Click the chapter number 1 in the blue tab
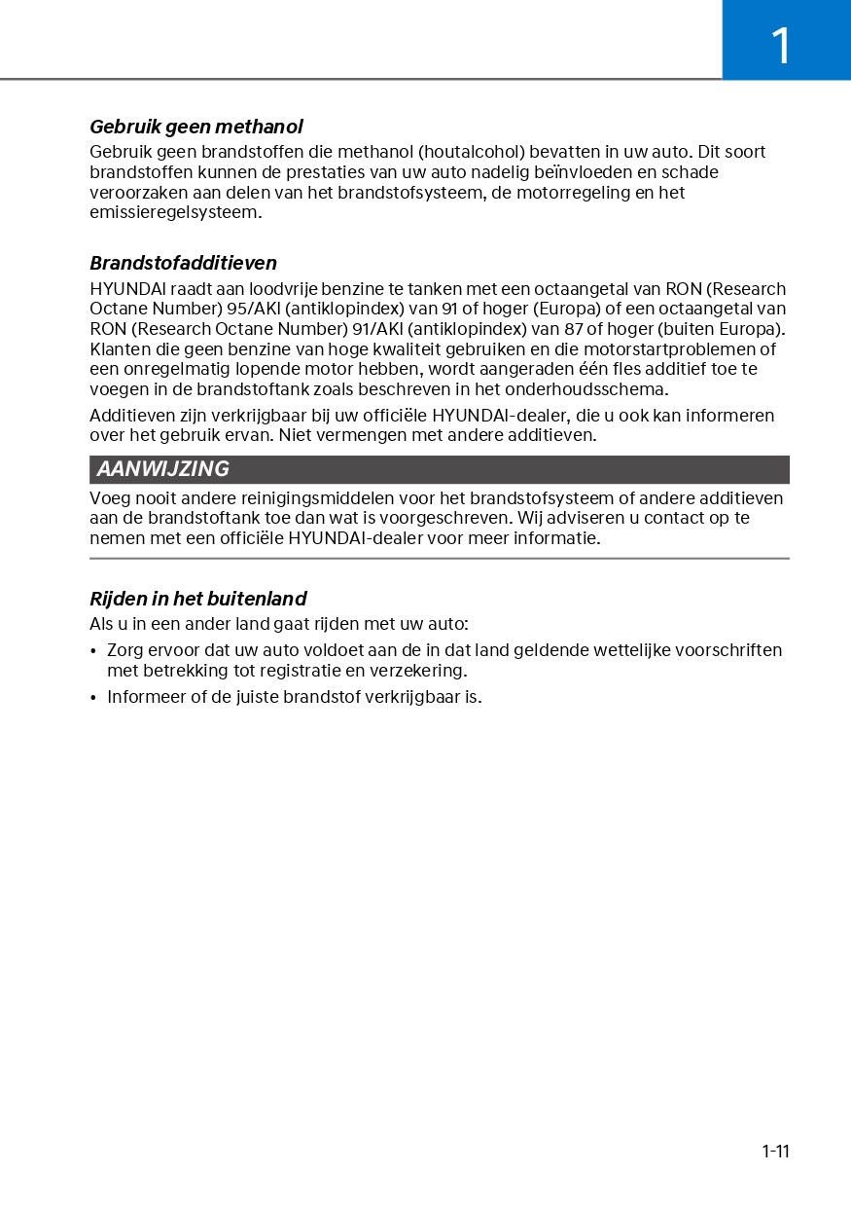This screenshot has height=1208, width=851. click(x=781, y=45)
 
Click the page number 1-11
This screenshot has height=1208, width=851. click(x=775, y=1152)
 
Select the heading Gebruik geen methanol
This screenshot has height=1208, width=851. click(x=195, y=127)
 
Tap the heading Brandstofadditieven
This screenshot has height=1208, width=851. click(x=183, y=263)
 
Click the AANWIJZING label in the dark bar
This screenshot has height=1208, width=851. click(x=162, y=469)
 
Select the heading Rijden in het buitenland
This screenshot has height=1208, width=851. click(x=197, y=599)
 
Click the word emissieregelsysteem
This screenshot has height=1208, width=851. click(x=175, y=212)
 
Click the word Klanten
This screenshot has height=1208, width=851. click(x=120, y=349)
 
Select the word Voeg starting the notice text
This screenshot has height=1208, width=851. click(x=109, y=498)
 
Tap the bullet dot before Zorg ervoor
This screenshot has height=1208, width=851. click(x=93, y=650)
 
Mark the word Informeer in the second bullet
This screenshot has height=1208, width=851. click(x=144, y=697)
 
